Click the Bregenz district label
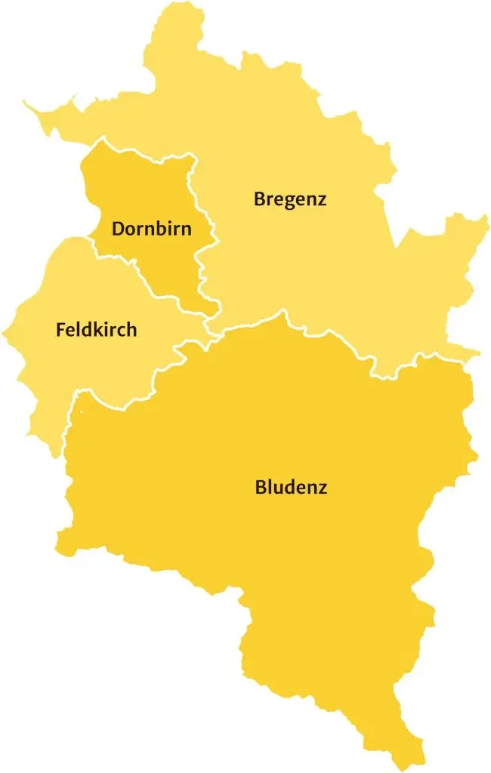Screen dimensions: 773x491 point(290,200)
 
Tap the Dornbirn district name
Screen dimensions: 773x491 point(152,229)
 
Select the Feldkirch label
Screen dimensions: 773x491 point(97,330)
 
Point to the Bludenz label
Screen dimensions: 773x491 point(291,487)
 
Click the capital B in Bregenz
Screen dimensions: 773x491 point(260,199)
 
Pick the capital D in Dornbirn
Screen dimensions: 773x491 point(118,229)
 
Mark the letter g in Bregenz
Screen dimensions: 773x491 point(288,202)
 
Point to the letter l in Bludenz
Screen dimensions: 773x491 point(269,486)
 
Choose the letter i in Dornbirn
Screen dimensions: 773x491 point(175,228)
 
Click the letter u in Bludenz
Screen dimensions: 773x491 point(278,488)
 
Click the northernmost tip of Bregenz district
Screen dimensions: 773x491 point(181,3)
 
